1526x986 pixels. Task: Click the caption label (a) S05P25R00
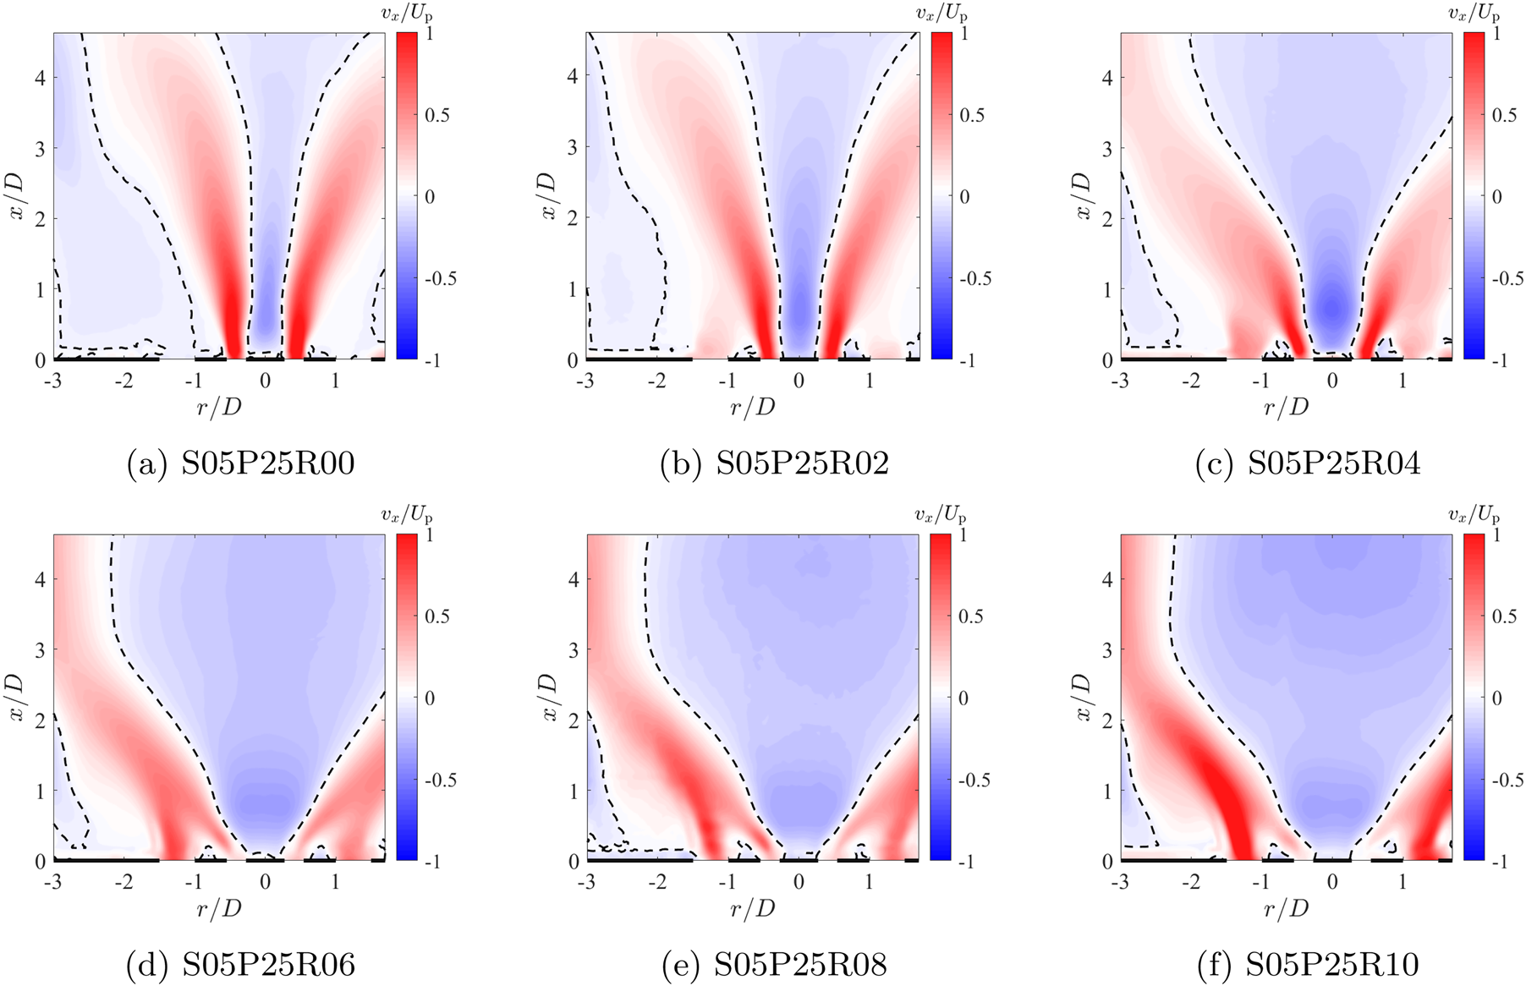pyautogui.click(x=241, y=463)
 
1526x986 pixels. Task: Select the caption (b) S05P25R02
pyautogui.click(x=775, y=463)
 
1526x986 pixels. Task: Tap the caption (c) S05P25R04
pyautogui.click(x=1308, y=463)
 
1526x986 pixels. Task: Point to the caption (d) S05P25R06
pyautogui.click(x=241, y=964)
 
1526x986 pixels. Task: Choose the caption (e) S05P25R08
pyautogui.click(x=775, y=964)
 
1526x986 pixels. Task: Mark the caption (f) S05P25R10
pyautogui.click(x=1308, y=964)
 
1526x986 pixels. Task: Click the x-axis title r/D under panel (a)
pyautogui.click(x=219, y=407)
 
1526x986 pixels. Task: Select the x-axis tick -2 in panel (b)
pyautogui.click(x=657, y=381)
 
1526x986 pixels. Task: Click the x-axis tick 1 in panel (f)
pyautogui.click(x=1403, y=882)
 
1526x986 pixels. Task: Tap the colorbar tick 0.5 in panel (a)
pyautogui.click(x=437, y=115)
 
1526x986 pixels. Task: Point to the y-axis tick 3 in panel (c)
pyautogui.click(x=1107, y=148)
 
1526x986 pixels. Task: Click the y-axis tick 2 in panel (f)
pyautogui.click(x=1107, y=720)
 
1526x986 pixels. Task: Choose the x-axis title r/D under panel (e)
pyautogui.click(x=753, y=908)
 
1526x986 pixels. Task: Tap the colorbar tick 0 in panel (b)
pyautogui.click(x=965, y=197)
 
